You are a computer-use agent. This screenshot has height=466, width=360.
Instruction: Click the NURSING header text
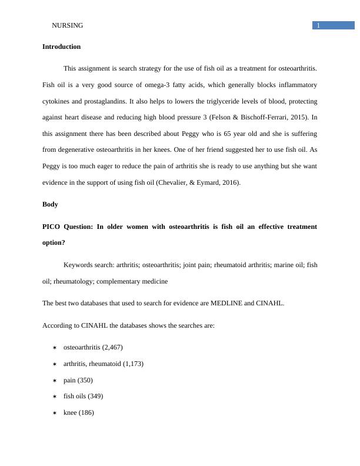(x=68, y=25)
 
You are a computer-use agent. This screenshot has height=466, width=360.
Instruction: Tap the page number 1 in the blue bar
(x=318, y=25)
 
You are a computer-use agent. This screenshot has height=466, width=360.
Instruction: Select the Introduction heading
(x=61, y=46)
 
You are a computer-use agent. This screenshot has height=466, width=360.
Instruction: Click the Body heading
(x=51, y=204)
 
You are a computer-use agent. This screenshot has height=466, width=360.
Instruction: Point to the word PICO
(x=53, y=227)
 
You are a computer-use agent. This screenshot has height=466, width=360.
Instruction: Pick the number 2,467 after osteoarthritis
(x=112, y=347)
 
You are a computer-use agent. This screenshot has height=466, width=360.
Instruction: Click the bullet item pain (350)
(x=78, y=380)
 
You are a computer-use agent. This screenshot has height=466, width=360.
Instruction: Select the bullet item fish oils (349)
(x=86, y=396)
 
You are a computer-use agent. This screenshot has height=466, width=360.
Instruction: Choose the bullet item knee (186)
(x=78, y=412)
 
